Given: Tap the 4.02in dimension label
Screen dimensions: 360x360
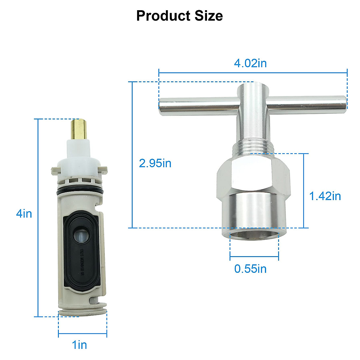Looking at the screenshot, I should pos(250,63).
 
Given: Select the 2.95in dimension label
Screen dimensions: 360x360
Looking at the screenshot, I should pos(155,163).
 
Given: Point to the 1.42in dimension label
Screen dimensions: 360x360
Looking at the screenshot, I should pos(325,196).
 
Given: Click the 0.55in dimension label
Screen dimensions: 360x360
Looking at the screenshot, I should pos(250,268).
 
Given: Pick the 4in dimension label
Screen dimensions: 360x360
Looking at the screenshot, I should pos(24,214).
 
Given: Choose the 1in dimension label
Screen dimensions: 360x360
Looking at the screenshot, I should pos(79,345).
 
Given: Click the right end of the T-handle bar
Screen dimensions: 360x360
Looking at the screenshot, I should pos(342,102).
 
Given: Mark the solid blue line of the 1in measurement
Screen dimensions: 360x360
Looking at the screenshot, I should pos(82,333).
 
